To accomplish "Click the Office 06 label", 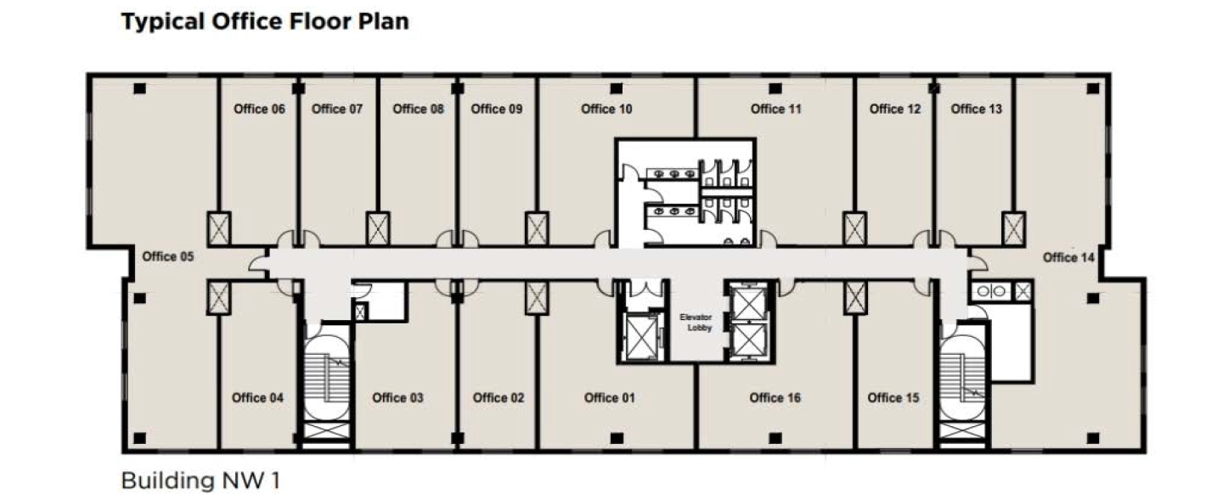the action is [259, 109].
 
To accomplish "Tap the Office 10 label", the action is [606, 109].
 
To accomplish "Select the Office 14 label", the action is [1068, 257].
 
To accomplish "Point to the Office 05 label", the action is [167, 256].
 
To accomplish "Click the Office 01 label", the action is [609, 398].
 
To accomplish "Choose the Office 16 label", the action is [775, 398].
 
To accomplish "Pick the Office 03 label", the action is [397, 398].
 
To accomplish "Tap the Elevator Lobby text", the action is [696, 323].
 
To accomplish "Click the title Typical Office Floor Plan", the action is [265, 22].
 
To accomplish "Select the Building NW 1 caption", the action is [200, 480].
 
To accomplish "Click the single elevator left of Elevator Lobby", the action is [642, 337].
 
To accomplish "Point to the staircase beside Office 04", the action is [326, 385].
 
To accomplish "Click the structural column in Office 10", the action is [616, 88].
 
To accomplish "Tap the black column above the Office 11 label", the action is [775, 88].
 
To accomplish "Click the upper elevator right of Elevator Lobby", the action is [748, 304].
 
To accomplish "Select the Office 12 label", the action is [895, 109].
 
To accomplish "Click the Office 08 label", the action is [418, 109].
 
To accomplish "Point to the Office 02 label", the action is [499, 398].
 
